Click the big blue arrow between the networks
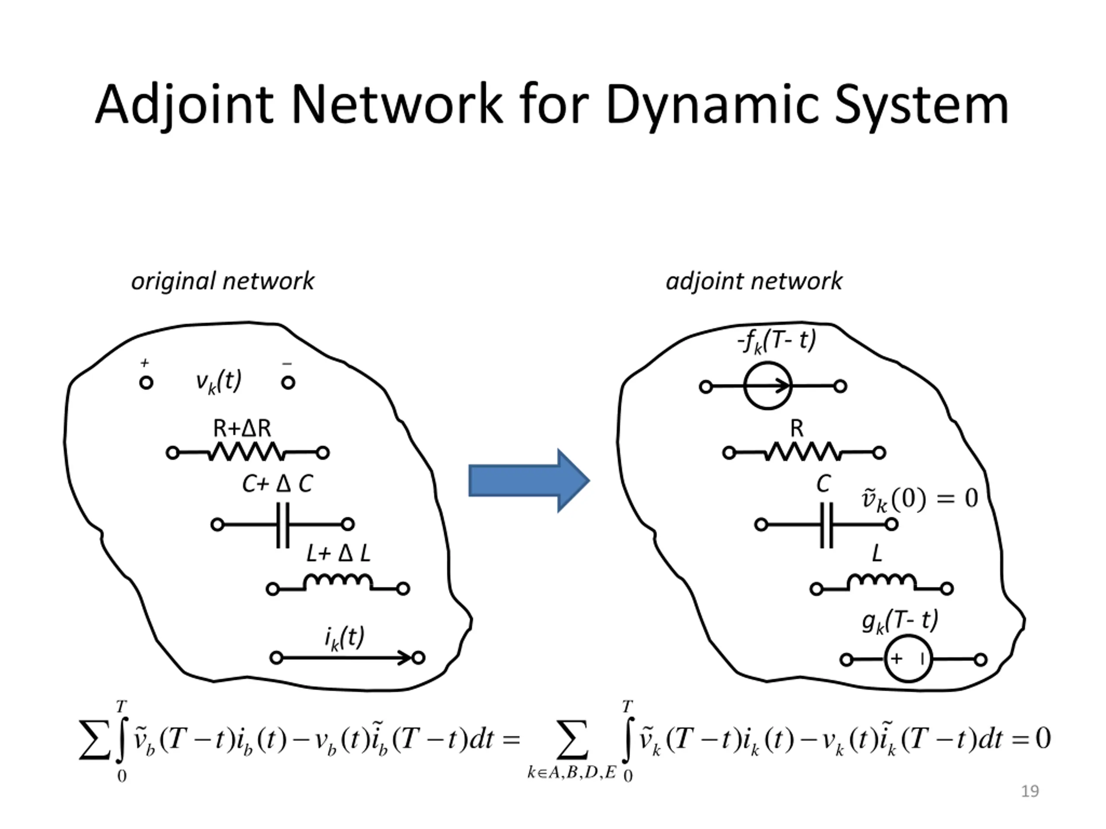529,480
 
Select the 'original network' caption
222,281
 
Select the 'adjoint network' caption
754,281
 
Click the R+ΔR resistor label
242,428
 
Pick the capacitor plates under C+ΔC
283,525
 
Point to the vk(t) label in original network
219,381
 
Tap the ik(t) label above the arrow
344,638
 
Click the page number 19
1030,791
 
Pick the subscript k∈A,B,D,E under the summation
572,772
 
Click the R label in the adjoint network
797,428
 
